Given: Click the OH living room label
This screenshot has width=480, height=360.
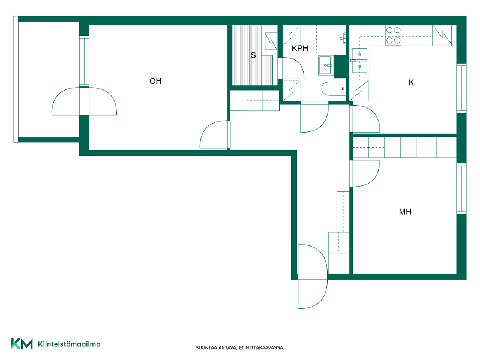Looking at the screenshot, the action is point(155,81).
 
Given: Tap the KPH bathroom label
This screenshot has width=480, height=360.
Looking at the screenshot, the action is point(299,49).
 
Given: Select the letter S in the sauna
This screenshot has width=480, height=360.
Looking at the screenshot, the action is point(253,55).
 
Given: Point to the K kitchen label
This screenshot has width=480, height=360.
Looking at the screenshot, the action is point(411,82).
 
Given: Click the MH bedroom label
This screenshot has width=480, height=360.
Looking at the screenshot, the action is point(405,212).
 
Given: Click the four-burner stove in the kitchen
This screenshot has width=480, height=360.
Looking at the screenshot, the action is point(394,35).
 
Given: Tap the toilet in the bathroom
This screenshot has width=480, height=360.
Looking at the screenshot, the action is point(334,89).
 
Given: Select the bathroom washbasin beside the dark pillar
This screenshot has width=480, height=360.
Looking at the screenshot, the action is point(326,65).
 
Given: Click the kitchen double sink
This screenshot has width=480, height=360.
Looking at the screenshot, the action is point(359,61).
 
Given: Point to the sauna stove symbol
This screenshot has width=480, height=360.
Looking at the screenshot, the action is point(271,41).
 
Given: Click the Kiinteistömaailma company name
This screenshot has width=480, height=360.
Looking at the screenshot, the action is point(69,344).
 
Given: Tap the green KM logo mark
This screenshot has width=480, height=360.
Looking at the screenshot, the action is point(22,343).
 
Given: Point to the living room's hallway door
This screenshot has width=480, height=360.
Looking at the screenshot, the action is point(214,134).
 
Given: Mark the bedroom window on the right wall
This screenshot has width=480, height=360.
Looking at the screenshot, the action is point(461,188).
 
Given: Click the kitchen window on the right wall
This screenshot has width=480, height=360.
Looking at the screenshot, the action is point(461,88).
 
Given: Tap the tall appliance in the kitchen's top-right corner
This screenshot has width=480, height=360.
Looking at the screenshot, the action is point(442,35).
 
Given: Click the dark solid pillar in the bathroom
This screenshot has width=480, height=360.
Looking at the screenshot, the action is point(340,66).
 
